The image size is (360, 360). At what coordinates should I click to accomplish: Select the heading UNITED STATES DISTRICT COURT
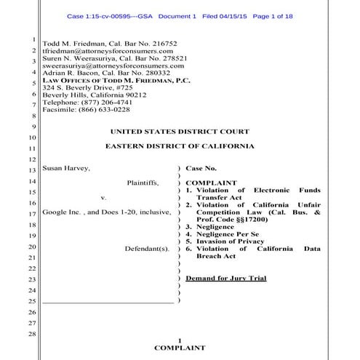(x=179, y=132)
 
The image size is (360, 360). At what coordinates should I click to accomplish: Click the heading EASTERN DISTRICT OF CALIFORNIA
(x=179, y=147)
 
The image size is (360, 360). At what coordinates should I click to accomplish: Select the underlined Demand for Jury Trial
(x=225, y=278)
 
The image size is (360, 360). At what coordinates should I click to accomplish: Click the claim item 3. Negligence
(x=215, y=227)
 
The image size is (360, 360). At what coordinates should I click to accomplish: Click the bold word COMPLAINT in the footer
(x=179, y=348)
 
